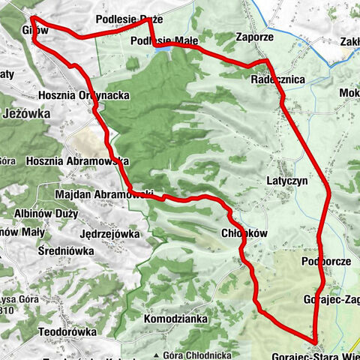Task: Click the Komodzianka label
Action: click(x=175, y=318)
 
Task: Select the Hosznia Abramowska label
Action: click(x=76, y=161)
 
